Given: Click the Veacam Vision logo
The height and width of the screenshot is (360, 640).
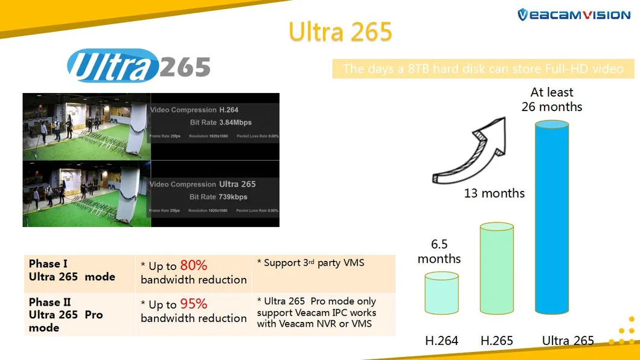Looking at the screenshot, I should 574,15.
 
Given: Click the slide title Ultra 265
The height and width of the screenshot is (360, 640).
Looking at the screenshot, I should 340,31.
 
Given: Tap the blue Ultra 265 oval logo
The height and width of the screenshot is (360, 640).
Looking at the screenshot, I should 139,66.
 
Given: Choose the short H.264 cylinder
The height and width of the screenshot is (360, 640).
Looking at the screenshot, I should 441,293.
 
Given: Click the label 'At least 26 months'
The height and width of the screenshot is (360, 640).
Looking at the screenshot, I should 551,100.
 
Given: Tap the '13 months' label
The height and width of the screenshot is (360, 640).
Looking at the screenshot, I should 494,194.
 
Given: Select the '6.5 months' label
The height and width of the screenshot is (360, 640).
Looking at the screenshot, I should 439,252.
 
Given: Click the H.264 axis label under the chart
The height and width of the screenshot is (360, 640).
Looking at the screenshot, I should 441,341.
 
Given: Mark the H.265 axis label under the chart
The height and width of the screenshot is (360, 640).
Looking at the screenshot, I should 497,341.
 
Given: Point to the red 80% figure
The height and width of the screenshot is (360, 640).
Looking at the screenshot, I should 193,265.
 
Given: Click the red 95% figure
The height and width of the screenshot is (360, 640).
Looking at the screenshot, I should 193,304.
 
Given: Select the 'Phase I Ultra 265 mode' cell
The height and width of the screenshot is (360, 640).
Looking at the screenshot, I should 72,271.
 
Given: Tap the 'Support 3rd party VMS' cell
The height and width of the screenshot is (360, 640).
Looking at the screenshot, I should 310,263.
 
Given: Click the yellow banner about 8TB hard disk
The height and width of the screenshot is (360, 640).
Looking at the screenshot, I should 483,69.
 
